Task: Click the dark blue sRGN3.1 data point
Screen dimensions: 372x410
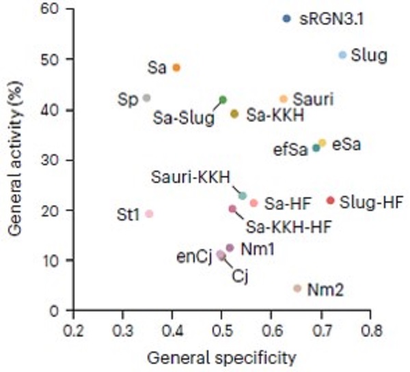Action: pos(286,18)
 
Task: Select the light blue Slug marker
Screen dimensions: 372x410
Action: pos(342,55)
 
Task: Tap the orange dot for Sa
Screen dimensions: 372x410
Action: pos(176,68)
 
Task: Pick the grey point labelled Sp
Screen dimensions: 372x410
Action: pos(146,98)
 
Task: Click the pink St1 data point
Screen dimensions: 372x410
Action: pos(149,214)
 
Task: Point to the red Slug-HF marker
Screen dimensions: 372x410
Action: pos(331,201)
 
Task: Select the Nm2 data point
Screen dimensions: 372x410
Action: pos(297,289)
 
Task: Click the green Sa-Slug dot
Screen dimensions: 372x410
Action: pos(223,100)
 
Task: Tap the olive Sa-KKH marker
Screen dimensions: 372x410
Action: pos(234,114)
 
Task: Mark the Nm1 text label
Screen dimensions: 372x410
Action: pos(258,248)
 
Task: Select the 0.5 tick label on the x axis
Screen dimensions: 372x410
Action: pos(221,331)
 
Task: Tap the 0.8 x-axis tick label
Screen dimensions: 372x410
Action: pos(371,331)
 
